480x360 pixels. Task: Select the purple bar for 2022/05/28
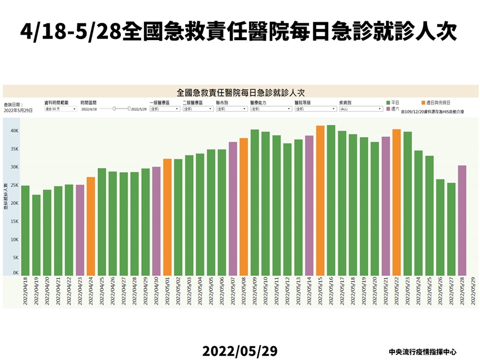click(462, 220)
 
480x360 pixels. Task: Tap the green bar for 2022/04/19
click(36, 235)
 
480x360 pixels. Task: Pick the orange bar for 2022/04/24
click(91, 226)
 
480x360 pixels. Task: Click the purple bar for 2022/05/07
click(233, 208)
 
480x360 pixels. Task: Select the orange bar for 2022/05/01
click(167, 217)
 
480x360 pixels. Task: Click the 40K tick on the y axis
click(15, 131)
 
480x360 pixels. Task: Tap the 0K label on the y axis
click(16, 273)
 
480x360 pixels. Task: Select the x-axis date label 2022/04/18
click(25, 292)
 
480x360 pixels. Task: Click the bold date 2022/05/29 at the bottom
click(240, 351)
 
